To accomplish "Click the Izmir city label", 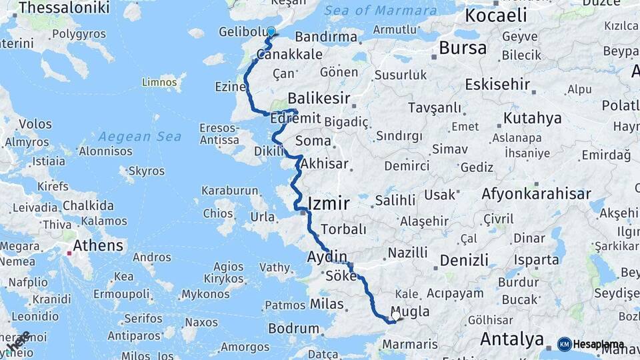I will pyautogui.click(x=329, y=204).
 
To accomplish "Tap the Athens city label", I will pyautogui.click(x=98, y=245).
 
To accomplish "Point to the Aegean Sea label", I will pyautogui.click(x=140, y=137).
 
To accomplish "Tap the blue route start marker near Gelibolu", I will pyautogui.click(x=271, y=31).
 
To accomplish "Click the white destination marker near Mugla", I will pyautogui.click(x=396, y=315).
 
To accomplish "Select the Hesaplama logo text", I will pyautogui.click(x=599, y=344).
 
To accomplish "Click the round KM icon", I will pyautogui.click(x=565, y=344).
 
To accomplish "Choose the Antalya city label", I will pyautogui.click(x=512, y=339).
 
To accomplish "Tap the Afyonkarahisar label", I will pyautogui.click(x=536, y=194).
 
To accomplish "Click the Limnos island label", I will pyautogui.click(x=160, y=83).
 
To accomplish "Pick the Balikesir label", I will pyautogui.click(x=319, y=98).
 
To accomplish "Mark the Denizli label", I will pyautogui.click(x=464, y=260).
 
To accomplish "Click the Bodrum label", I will pyautogui.click(x=293, y=328).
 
